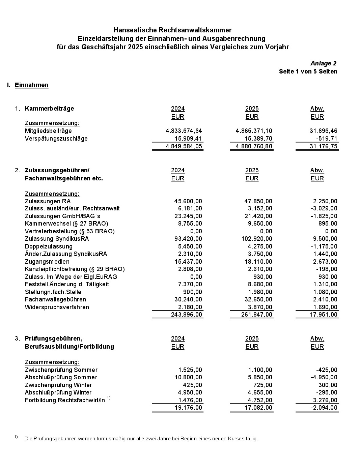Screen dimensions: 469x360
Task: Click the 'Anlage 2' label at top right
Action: click(323, 63)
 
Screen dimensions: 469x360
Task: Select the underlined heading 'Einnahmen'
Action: click(31, 85)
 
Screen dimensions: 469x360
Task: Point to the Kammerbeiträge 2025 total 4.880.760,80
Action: click(254, 146)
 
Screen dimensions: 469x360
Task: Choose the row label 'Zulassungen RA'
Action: click(48, 201)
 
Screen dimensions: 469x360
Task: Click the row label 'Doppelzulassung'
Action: click(49, 246)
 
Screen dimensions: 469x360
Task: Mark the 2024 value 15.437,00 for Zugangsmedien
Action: click(188, 262)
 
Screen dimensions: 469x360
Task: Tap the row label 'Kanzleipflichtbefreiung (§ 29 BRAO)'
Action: click(75, 269)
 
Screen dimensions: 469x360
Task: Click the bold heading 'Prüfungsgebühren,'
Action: click(53, 339)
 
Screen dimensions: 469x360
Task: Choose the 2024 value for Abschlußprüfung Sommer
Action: click(188, 377)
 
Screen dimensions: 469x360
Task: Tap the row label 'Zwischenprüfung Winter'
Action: click(58, 385)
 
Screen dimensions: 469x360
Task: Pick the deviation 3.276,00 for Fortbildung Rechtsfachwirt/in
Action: click(325, 400)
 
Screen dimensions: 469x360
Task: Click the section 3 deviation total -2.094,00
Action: click(323, 408)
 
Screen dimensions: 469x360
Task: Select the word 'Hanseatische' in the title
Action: click(133, 30)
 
